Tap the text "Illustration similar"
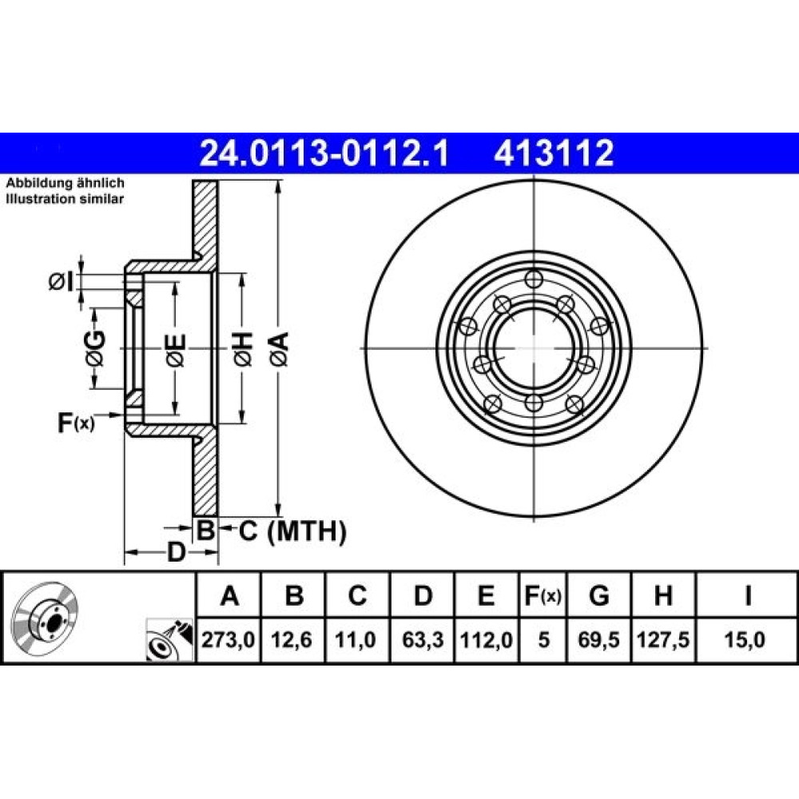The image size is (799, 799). point(65,199)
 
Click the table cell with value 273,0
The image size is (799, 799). point(229,639)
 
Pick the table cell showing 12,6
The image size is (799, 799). point(292,639)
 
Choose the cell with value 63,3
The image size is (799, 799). point(422,639)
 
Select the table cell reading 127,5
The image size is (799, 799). point(663,639)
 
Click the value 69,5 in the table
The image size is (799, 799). point(598,639)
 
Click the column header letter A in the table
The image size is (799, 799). point(229,594)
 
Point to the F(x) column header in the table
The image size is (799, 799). point(543,595)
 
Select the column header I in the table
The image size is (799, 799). point(748,594)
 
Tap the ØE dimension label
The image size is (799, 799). point(176,350)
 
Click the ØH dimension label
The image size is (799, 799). point(243,349)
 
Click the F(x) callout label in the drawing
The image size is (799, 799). point(76,423)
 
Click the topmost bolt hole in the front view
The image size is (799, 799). point(534,279)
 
